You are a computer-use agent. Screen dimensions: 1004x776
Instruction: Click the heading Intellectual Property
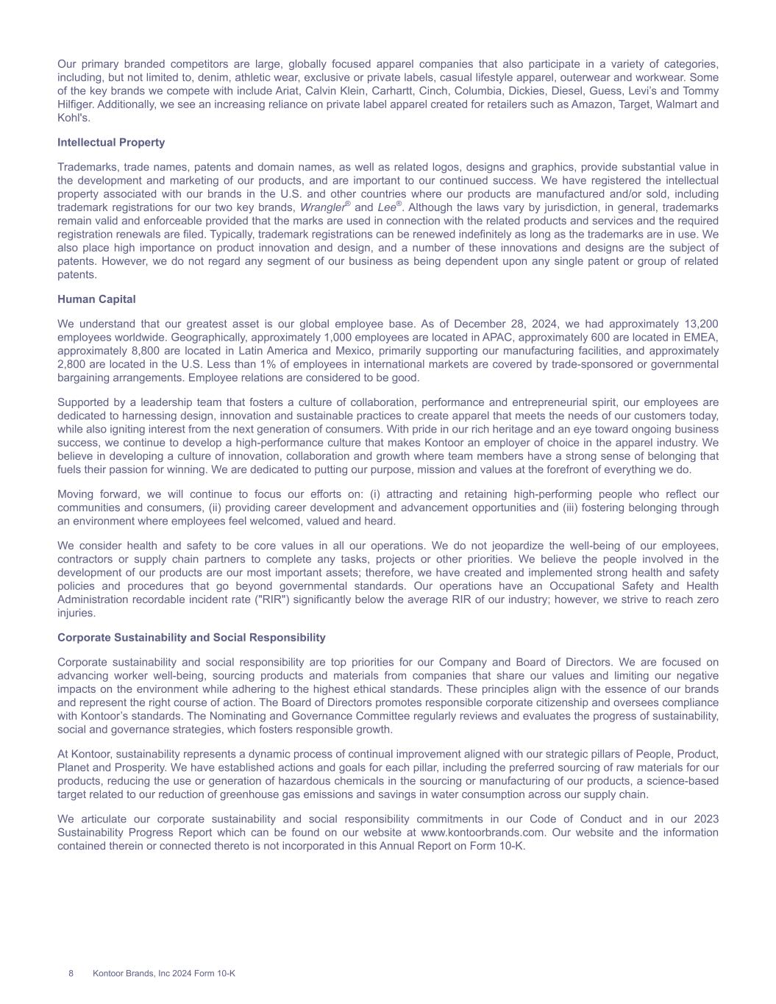[x=111, y=143]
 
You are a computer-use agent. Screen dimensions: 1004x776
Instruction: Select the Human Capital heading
[x=96, y=299]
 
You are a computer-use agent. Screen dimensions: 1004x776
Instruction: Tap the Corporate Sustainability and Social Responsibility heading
[x=191, y=638]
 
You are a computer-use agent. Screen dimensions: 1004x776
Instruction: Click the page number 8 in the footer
[x=71, y=974]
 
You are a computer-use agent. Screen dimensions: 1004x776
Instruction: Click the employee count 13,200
[x=699, y=324]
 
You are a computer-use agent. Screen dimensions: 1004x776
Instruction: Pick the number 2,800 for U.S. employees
[x=74, y=364]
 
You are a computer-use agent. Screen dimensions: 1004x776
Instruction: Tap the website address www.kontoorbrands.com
[x=483, y=833]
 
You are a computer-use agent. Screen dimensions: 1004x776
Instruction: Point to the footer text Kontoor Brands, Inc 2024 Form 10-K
[x=164, y=974]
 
